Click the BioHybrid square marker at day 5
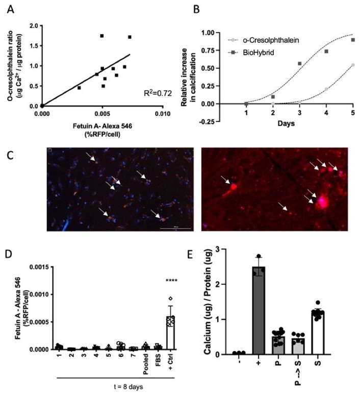(353, 40)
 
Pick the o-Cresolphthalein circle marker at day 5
(353, 65)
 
